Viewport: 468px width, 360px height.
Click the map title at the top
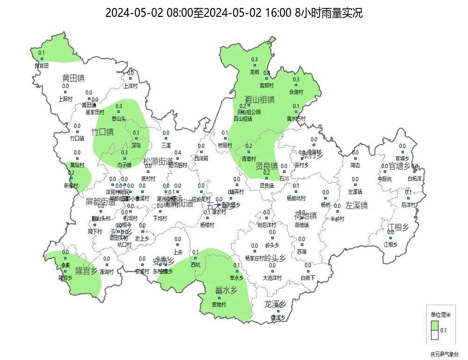[234, 13]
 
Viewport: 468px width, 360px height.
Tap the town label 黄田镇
[73, 78]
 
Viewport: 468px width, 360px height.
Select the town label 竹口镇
[102, 132]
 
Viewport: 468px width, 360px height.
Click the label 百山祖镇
[260, 100]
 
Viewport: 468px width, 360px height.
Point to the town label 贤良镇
[267, 166]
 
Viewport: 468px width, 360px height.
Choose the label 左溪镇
[357, 205]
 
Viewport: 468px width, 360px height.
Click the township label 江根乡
[398, 228]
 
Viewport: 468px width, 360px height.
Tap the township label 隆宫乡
[86, 271]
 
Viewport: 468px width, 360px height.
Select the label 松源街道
[158, 162]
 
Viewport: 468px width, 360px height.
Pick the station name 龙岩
[255, 72]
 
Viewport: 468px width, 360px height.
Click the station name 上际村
[66, 99]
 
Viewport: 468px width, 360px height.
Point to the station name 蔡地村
[219, 304]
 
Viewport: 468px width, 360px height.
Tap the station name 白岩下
[308, 278]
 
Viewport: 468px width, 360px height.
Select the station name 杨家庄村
[254, 258]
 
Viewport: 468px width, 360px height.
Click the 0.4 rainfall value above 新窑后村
[178, 153]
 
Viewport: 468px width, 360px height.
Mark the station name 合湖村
[296, 92]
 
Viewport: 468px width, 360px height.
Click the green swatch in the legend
[435, 325]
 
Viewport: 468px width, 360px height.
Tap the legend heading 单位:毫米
[440, 314]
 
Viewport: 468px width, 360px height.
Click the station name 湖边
[355, 165]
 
